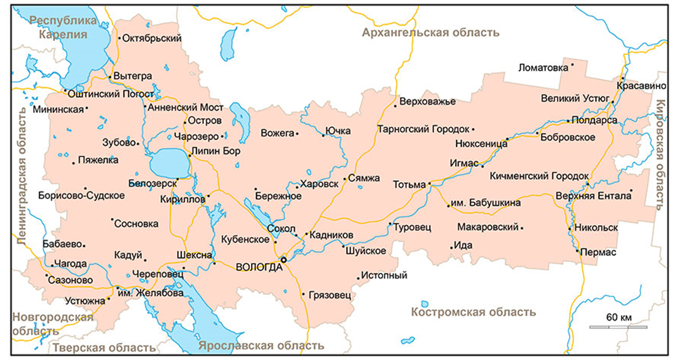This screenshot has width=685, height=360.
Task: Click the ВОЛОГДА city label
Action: (257, 267)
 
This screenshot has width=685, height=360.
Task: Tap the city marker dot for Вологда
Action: (283, 259)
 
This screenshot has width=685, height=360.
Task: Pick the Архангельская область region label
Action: (430, 32)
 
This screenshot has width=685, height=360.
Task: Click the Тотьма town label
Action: (409, 186)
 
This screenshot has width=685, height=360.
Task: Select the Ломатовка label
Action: (542, 67)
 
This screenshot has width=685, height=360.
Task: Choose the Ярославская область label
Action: (261, 345)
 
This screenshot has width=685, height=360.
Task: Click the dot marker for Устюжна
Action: (108, 300)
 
